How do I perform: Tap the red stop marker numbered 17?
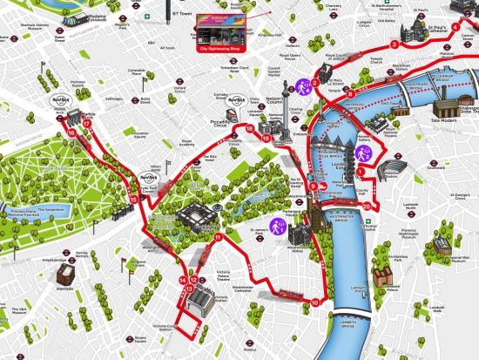pos(86,125)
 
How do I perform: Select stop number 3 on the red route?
pos(395,44)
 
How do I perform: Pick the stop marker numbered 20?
pos(367,206)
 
